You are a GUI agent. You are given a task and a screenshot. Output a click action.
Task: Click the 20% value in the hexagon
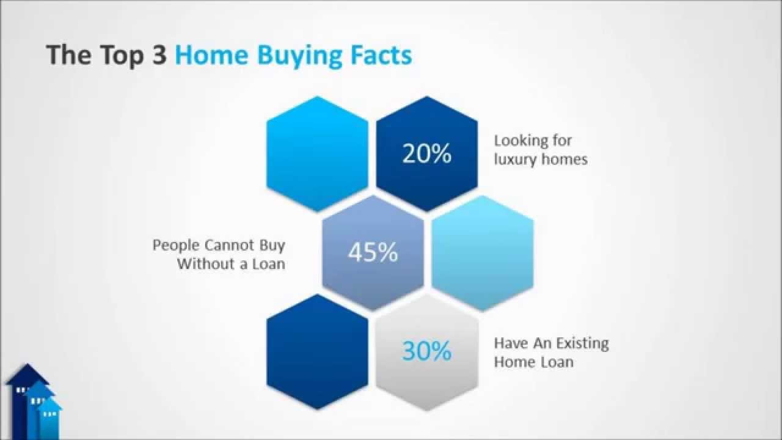click(426, 154)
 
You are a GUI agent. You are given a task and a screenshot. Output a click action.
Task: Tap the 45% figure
click(373, 252)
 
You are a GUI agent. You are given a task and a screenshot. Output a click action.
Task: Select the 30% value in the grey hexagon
click(426, 351)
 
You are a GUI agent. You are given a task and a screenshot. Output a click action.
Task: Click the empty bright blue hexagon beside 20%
click(318, 153)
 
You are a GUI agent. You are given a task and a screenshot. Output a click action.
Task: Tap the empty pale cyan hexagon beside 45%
click(483, 252)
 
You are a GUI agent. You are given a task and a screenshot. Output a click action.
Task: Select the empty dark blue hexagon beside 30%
click(318, 351)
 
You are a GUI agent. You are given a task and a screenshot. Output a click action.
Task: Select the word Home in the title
click(211, 55)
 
